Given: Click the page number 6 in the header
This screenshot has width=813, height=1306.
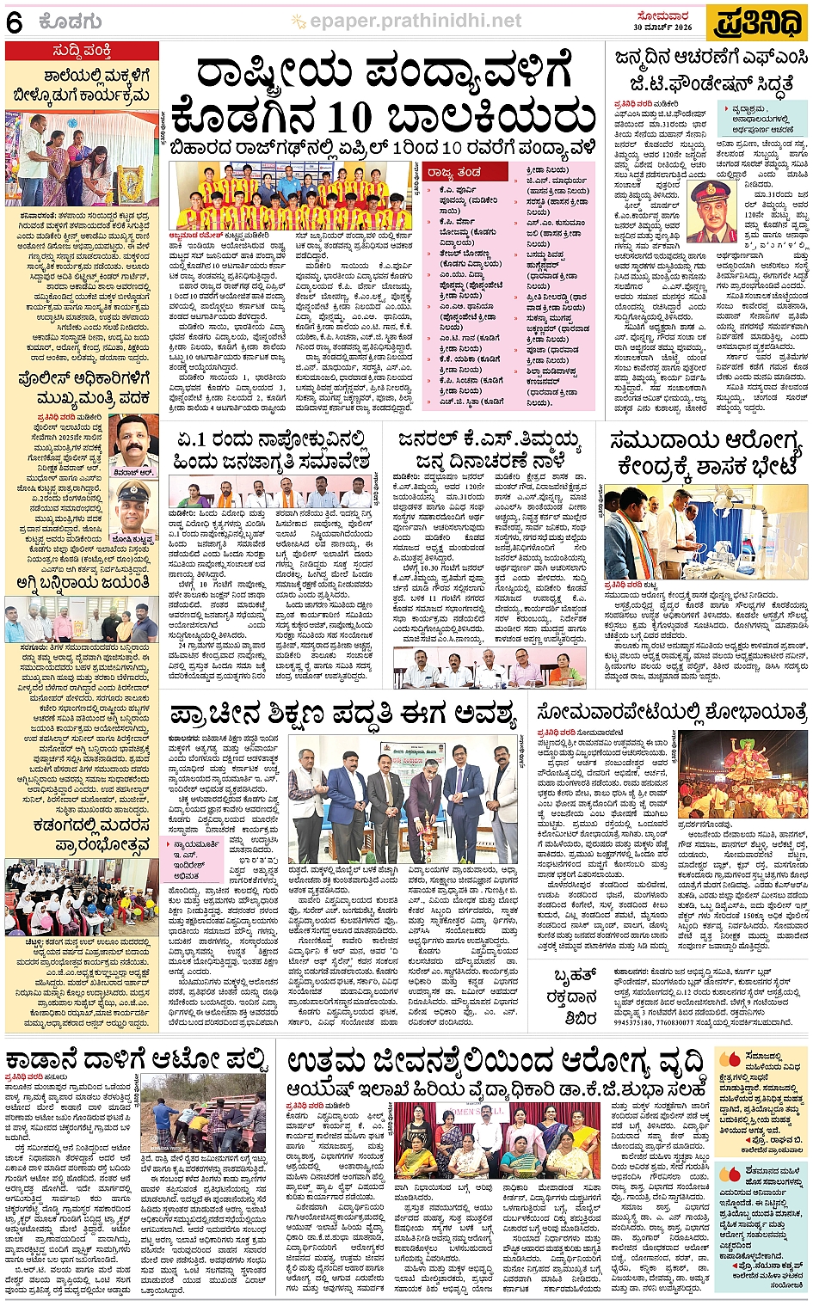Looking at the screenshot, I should point(15,22).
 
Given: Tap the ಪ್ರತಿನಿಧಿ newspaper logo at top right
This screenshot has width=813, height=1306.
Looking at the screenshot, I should point(757,22).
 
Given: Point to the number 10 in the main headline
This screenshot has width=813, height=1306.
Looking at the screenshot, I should point(337,116).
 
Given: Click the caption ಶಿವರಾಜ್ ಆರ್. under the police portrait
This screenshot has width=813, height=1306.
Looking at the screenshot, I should point(133,471).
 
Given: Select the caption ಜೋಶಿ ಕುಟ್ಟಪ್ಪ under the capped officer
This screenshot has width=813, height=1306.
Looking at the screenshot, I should point(133,541).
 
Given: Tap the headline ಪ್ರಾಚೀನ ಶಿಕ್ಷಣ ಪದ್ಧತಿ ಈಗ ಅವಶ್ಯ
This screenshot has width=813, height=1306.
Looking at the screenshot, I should point(342,713).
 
